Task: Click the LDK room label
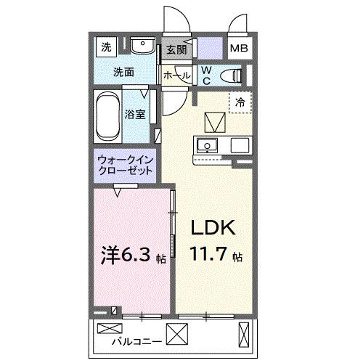pyautogui.click(x=212, y=227)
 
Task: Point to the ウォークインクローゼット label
pyautogui.click(x=125, y=166)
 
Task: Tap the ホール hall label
pyautogui.click(x=176, y=76)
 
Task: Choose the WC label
pyautogui.click(x=205, y=76)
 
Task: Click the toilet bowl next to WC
pyautogui.click(x=231, y=75)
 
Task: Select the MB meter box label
pyautogui.click(x=237, y=49)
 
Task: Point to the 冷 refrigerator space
pyautogui.click(x=240, y=104)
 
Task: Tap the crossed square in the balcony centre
pyautogui.click(x=177, y=334)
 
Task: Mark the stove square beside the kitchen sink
pyautogui.click(x=240, y=144)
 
